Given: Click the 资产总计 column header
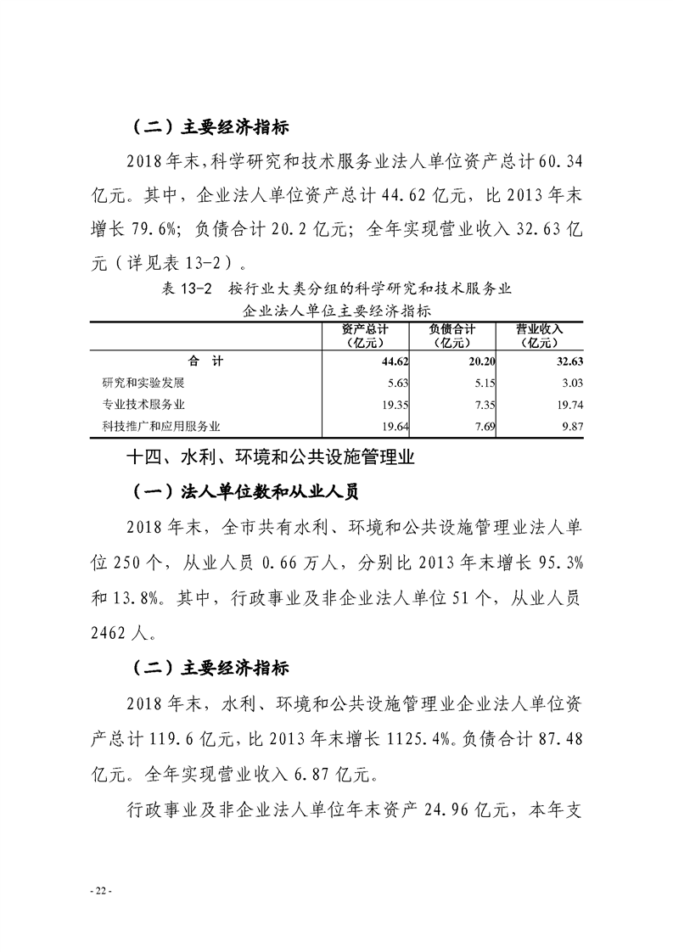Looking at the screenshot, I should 366,336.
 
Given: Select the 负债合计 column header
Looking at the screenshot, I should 451,336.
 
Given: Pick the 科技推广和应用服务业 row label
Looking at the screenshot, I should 160,425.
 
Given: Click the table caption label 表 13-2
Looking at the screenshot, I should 190,289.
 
